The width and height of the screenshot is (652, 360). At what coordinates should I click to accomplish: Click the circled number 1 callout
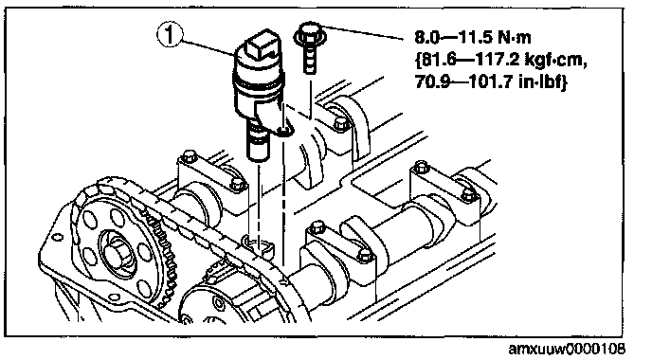(x=170, y=35)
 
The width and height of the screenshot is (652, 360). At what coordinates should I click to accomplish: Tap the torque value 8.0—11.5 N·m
(x=473, y=38)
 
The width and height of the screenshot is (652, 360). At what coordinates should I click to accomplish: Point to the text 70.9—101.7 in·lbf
(x=492, y=82)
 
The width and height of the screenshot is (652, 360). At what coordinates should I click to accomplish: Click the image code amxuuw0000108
(x=567, y=349)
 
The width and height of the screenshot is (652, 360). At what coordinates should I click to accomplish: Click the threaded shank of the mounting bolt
(x=310, y=58)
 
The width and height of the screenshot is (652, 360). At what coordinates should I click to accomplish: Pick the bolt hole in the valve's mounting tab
(x=285, y=132)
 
